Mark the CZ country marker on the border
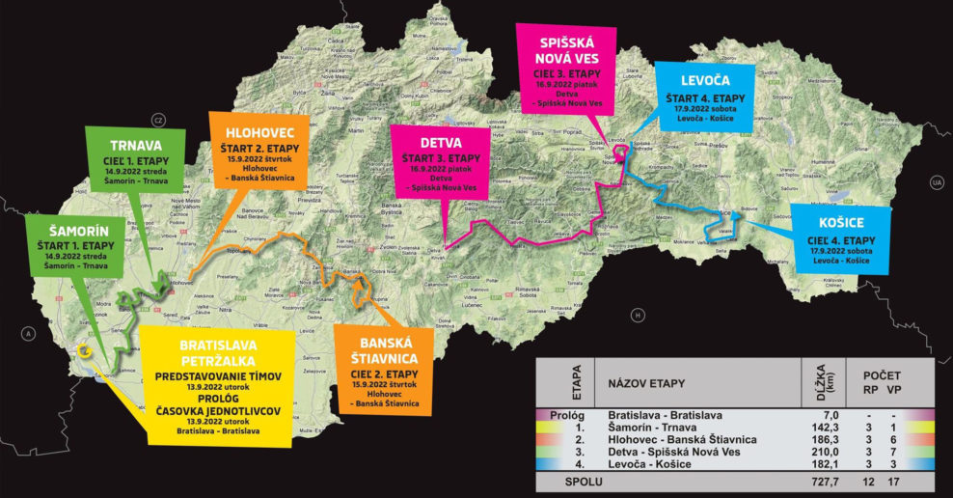click(x=159, y=119)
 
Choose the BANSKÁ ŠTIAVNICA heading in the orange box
click(x=378, y=352)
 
